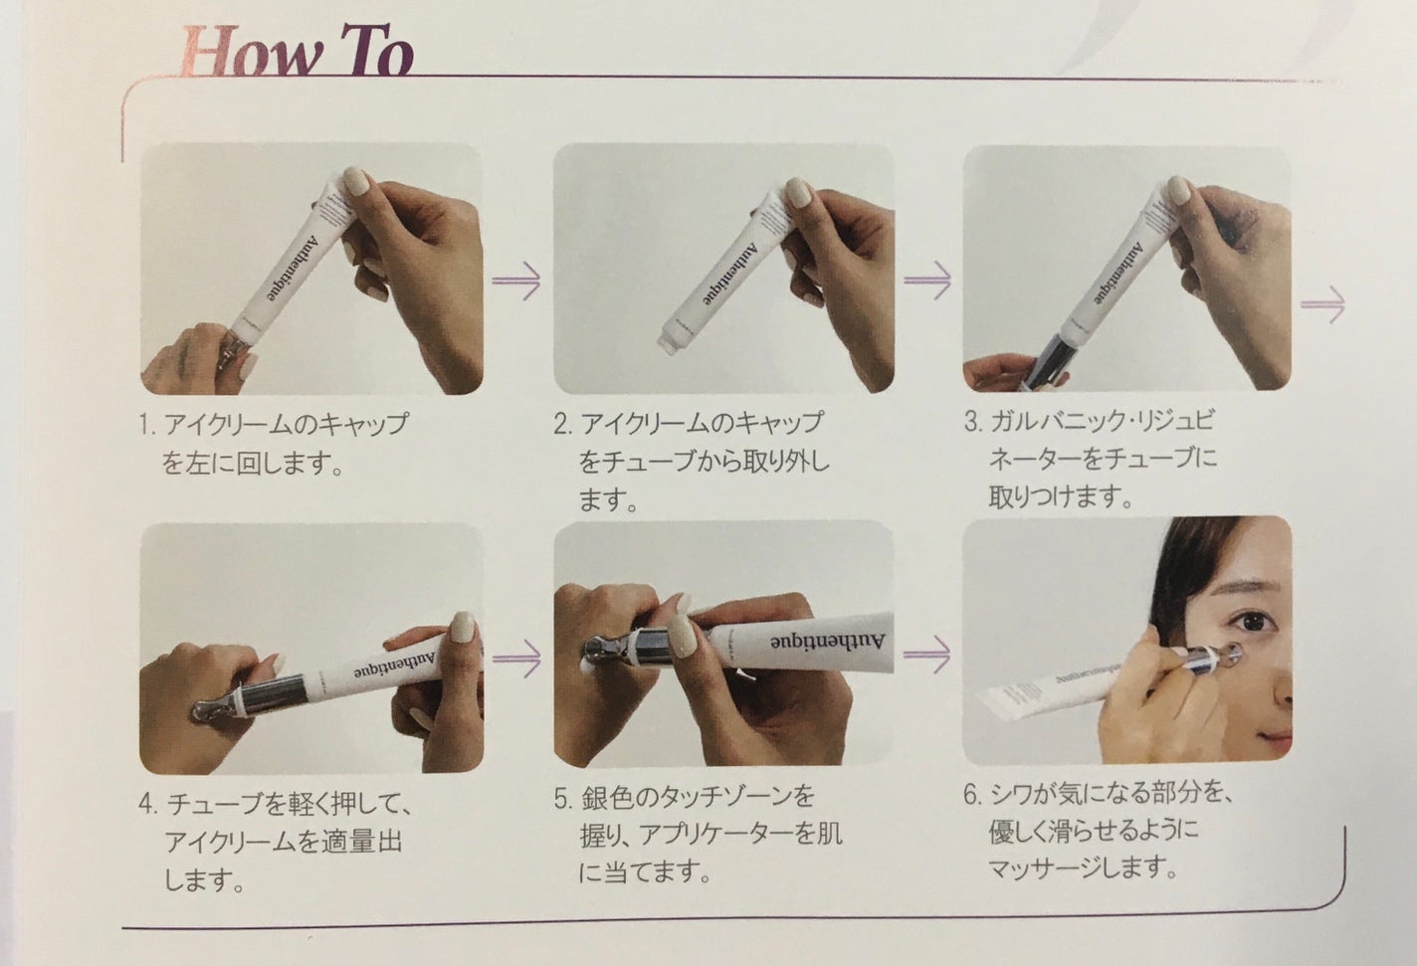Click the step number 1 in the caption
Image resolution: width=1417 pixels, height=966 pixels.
click(146, 426)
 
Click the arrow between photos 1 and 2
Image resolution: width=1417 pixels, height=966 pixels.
click(517, 282)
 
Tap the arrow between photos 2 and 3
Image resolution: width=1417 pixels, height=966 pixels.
click(927, 280)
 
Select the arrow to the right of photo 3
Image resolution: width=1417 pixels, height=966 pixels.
click(1322, 304)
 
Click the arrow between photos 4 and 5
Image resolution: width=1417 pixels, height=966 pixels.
click(517, 657)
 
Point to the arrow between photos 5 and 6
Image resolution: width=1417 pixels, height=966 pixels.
click(927, 655)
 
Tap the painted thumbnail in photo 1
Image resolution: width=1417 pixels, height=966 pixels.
click(356, 186)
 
